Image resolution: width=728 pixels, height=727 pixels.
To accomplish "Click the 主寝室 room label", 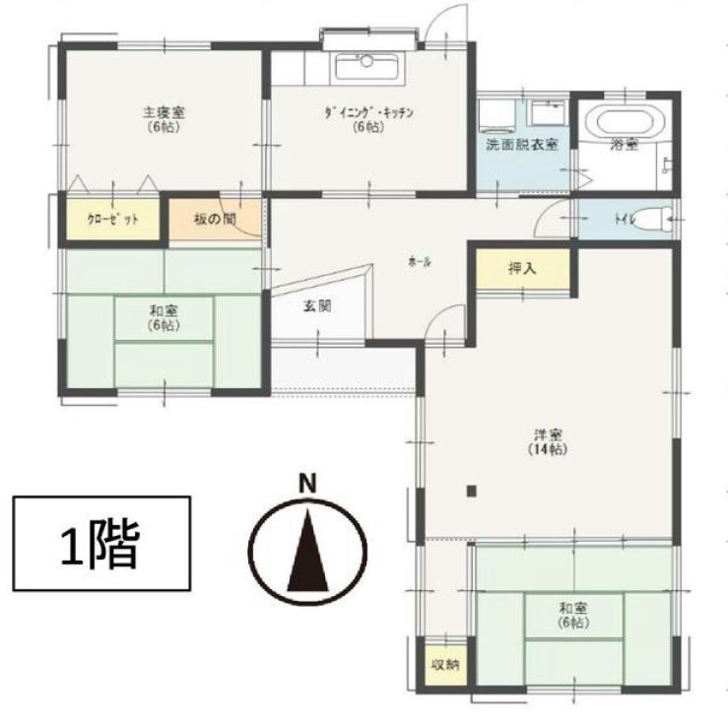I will coord(164,112).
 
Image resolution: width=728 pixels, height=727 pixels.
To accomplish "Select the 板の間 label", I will coord(215,219).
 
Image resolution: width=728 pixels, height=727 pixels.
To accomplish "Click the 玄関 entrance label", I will coord(316,305).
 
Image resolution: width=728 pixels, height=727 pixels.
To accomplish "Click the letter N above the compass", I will coord(308,484).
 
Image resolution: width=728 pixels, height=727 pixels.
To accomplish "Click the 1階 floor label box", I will coord(100,543).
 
